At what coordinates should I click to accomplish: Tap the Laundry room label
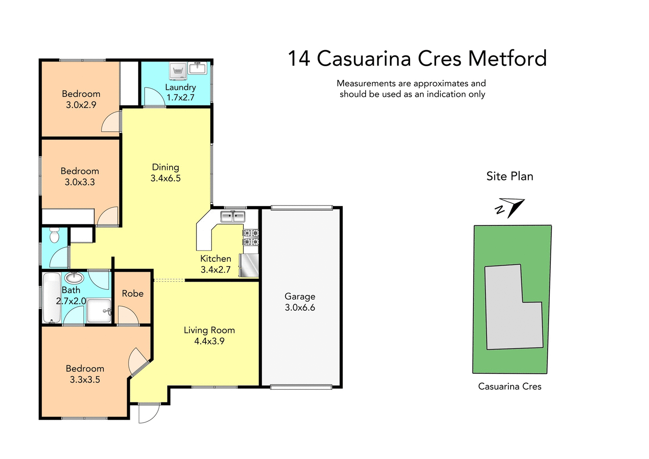(x=180, y=87)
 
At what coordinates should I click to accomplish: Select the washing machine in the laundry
(x=178, y=71)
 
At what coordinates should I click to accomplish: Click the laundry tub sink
(x=198, y=68)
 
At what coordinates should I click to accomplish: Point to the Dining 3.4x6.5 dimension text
(x=166, y=178)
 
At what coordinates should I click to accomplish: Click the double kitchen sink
(x=233, y=216)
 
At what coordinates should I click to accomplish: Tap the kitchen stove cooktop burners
(x=251, y=238)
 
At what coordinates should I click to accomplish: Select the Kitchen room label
(x=215, y=259)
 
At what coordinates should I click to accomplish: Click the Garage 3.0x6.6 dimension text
(x=300, y=308)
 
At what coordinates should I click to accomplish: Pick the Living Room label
(x=209, y=331)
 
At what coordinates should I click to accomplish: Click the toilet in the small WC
(x=54, y=235)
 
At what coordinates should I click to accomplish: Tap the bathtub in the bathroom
(x=51, y=298)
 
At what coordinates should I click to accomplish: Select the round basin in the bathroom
(x=74, y=277)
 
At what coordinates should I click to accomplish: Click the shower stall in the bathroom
(x=99, y=311)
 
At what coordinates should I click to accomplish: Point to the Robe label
(x=132, y=294)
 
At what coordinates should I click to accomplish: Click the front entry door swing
(x=148, y=413)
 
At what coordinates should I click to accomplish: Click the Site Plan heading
(x=510, y=177)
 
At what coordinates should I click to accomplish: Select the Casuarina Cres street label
(x=510, y=387)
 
